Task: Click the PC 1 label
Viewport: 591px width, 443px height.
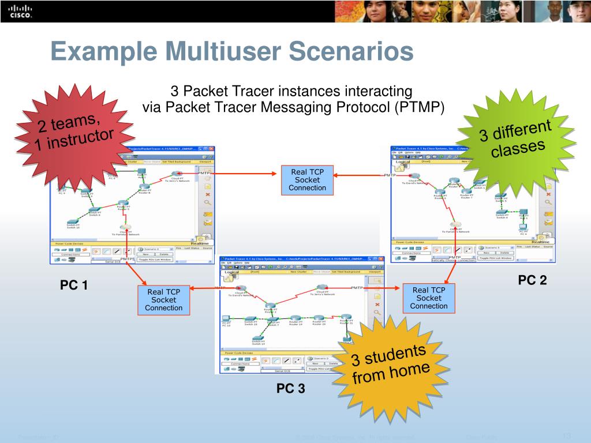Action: [x=74, y=285]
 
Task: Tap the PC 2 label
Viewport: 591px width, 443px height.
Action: [x=532, y=281]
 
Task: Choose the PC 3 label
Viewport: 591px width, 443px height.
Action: [x=290, y=389]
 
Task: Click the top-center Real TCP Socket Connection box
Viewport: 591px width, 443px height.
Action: [x=307, y=180]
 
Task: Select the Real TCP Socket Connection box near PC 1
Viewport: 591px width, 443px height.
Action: [x=163, y=300]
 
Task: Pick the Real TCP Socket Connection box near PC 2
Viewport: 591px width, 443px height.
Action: [x=429, y=298]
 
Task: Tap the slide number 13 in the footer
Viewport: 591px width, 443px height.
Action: [x=566, y=436]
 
